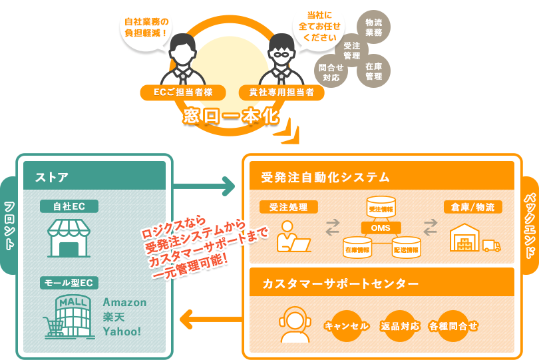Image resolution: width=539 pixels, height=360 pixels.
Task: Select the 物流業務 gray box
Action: click(373, 27)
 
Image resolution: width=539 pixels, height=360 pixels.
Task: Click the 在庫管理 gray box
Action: click(373, 71)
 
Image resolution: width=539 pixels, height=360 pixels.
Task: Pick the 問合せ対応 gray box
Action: click(331, 72)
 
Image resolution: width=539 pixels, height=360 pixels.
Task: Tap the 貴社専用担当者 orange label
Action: click(281, 92)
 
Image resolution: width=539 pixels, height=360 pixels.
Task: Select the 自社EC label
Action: click(69, 206)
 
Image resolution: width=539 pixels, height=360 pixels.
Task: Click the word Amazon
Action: click(124, 302)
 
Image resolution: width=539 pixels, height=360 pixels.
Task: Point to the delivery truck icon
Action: click(491, 246)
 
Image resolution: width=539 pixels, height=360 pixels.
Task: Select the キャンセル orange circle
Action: click(346, 326)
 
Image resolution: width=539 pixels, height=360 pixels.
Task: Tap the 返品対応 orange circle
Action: click(400, 326)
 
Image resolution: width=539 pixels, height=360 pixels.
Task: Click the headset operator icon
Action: click(295, 324)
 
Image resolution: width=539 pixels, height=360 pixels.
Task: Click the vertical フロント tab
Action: click(9, 225)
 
